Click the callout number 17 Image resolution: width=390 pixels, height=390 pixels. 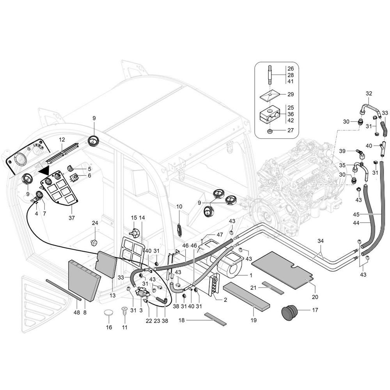click(x=315, y=310)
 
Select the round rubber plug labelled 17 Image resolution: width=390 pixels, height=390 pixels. click(x=289, y=312)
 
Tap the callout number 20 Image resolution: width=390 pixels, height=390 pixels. click(x=315, y=297)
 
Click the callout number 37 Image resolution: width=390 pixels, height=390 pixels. click(x=71, y=218)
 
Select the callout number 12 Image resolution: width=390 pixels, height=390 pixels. click(x=62, y=140)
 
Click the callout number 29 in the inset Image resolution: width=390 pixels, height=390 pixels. click(x=291, y=94)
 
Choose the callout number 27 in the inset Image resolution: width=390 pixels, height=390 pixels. click(x=291, y=130)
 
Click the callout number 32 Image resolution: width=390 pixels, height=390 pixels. click(x=369, y=94)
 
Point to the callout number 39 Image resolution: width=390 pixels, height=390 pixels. click(x=342, y=151)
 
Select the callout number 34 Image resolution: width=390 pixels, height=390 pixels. click(x=321, y=241)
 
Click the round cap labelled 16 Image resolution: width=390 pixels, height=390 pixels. click(x=109, y=313)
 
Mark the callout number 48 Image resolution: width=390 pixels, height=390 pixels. click(x=76, y=312)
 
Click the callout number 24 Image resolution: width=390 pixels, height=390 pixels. click(x=95, y=223)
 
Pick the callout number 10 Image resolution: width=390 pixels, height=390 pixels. click(x=179, y=206)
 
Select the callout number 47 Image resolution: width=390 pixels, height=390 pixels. click(x=220, y=234)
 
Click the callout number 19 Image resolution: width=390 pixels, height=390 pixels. click(x=253, y=320)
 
